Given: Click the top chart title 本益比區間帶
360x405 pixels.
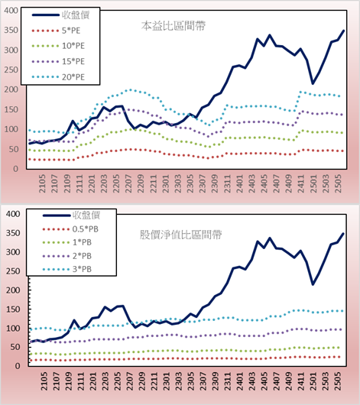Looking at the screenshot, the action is coord(174,26).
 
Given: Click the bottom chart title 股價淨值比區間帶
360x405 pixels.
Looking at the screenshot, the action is coord(180,235).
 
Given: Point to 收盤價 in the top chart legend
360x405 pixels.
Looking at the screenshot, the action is coord(76,15).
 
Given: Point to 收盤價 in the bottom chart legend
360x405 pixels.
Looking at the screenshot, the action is coord(86,215).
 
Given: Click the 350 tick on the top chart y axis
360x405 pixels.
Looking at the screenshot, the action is coord(11,31).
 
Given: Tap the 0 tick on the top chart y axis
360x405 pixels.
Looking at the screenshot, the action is coord(16,169).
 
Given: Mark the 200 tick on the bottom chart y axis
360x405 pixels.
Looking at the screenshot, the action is coord(13,290).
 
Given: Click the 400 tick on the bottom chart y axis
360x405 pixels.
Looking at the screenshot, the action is coord(13,214).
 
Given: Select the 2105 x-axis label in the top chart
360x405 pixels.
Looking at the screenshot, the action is coord(42,183).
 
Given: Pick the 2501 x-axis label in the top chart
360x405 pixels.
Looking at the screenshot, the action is coord(313,183).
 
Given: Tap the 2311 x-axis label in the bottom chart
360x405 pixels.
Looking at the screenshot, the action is coord(228,381).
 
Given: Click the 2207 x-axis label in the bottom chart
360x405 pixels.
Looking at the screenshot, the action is coord(128,381).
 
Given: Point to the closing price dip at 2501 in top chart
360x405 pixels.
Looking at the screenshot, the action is coord(313,83).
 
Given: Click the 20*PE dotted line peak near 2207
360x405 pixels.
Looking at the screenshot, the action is coord(130,90).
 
